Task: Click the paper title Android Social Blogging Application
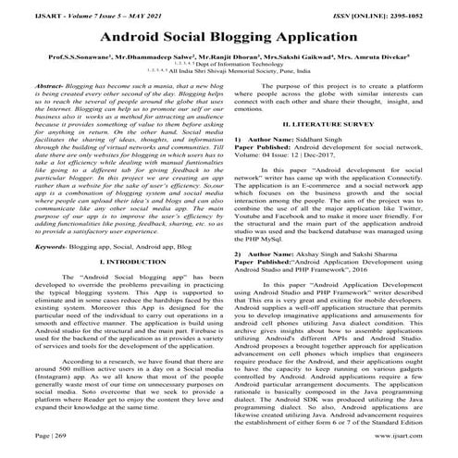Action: pos(229,36)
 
